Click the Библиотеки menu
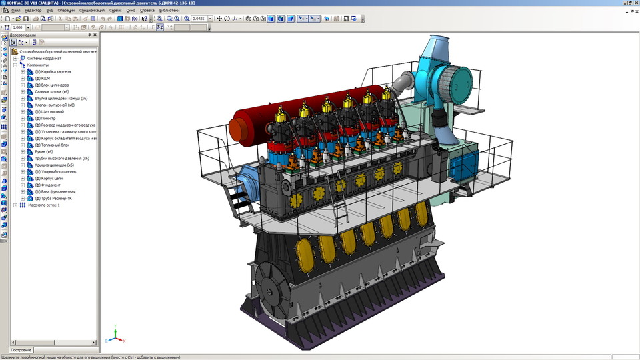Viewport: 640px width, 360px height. coord(169,11)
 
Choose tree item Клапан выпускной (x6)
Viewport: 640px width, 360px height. coord(55,105)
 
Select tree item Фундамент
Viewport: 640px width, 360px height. coord(49,185)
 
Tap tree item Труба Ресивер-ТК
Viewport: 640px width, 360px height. coord(56,198)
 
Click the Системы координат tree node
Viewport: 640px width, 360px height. coord(43,58)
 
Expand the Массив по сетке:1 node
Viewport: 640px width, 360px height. coord(15,205)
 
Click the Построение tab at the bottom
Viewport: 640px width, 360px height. coord(21,350)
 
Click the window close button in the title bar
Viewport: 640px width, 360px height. coord(635,3)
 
